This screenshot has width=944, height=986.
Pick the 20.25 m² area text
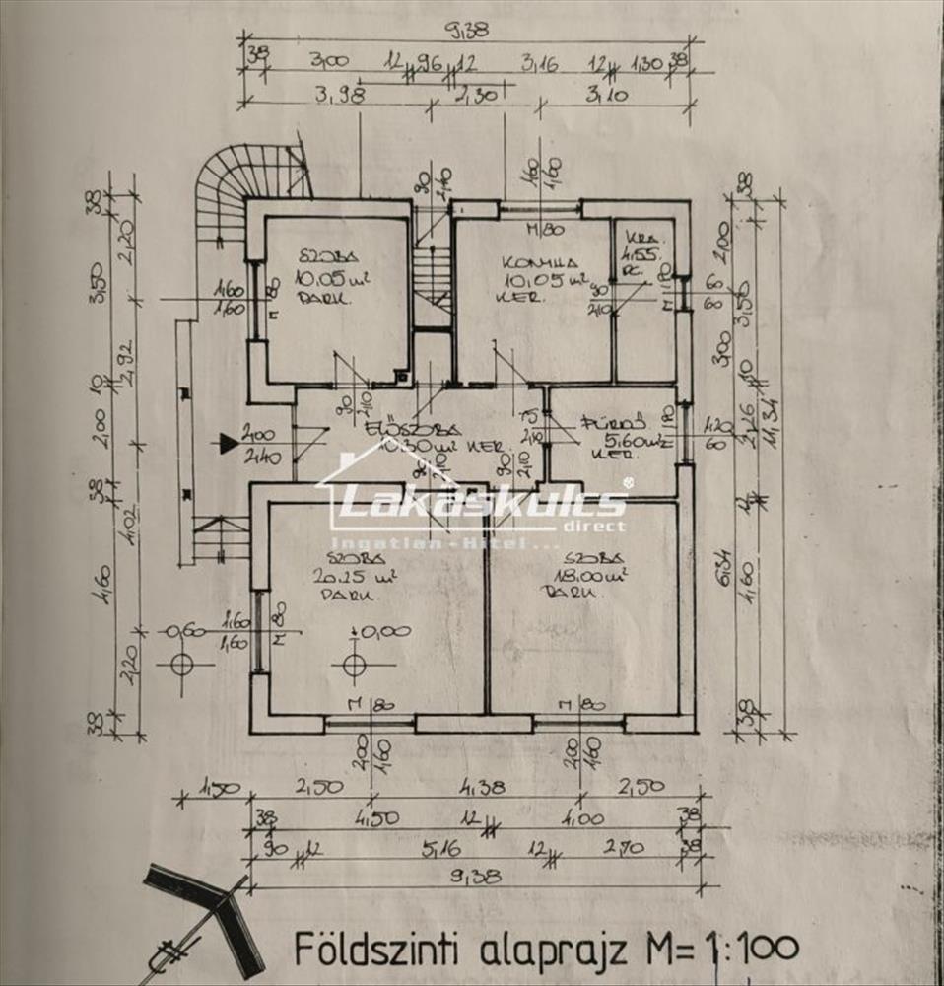tap(340, 577)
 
